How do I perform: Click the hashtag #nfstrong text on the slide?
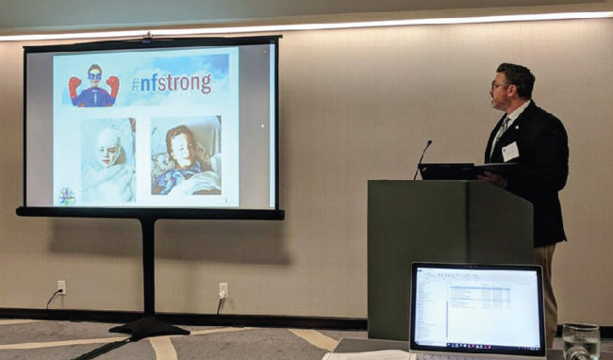coord(171,84)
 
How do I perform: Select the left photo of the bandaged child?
coord(108,159)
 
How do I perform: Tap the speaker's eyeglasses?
coord(496,87)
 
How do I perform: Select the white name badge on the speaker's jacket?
coord(510,151)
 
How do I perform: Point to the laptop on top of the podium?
coord(448,171)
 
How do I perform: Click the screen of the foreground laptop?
coord(476,306)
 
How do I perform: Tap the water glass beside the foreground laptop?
coord(580,341)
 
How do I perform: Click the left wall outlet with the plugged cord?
coord(61,287)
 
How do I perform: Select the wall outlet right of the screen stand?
coord(224,290)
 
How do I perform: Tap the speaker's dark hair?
coord(517,74)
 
